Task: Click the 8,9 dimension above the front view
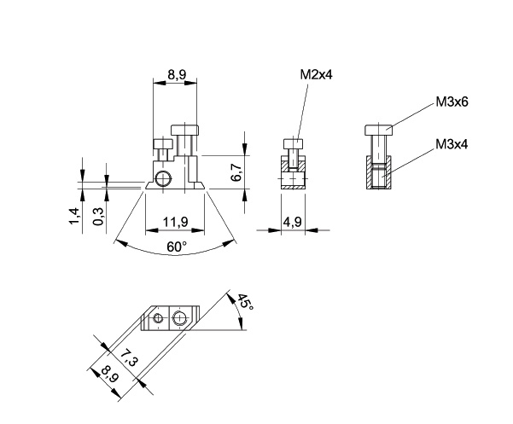[178, 75]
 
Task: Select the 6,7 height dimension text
[238, 173]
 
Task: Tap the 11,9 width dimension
[176, 222]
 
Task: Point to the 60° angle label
[177, 247]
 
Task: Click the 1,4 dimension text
[75, 217]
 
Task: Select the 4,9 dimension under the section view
[293, 222]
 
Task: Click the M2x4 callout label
[316, 75]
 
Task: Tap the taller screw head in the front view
[185, 130]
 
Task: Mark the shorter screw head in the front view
[162, 144]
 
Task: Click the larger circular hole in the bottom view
[179, 319]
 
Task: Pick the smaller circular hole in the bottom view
[158, 320]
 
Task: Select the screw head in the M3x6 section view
[377, 130]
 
